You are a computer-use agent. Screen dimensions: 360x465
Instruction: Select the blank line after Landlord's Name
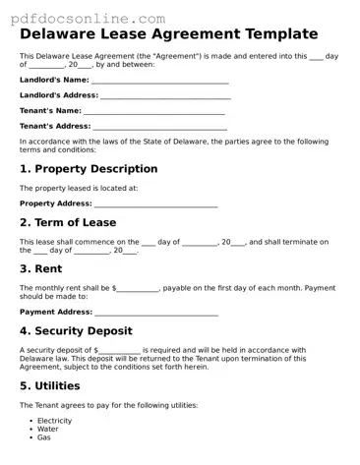point(159,81)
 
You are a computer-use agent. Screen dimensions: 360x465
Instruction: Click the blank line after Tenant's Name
point(154,111)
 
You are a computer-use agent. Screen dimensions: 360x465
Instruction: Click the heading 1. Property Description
point(89,169)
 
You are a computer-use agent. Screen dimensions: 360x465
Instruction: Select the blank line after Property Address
point(155,203)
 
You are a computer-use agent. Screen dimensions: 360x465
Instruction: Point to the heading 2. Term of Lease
point(68,222)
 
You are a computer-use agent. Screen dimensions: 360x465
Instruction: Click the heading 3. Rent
point(40,268)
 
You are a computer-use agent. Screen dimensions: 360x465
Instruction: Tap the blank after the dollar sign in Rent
point(138,288)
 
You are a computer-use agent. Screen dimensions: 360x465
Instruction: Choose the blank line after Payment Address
point(155,312)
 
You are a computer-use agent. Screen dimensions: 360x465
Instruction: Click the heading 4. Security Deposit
point(76,331)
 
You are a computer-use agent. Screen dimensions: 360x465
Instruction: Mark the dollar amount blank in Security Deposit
point(119,350)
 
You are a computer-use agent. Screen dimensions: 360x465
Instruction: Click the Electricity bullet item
point(54,421)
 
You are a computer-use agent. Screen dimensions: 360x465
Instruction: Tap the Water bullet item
point(48,429)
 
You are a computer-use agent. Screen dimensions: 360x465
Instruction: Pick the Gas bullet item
point(44,437)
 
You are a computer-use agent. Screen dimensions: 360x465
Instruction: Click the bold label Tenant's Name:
point(50,111)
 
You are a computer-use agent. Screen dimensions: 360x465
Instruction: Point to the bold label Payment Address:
point(56,312)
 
